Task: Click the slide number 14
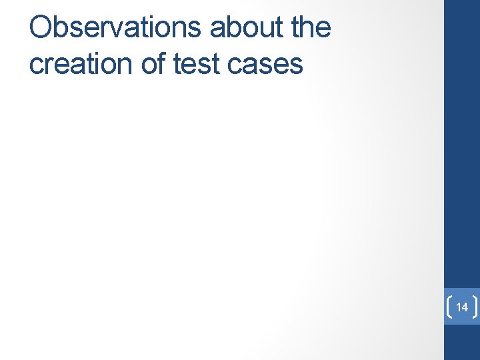tap(462, 307)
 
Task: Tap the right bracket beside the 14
tap(475, 307)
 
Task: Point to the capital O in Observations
tap(41, 28)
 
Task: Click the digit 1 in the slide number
tap(459, 307)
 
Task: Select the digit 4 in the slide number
tap(465, 307)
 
